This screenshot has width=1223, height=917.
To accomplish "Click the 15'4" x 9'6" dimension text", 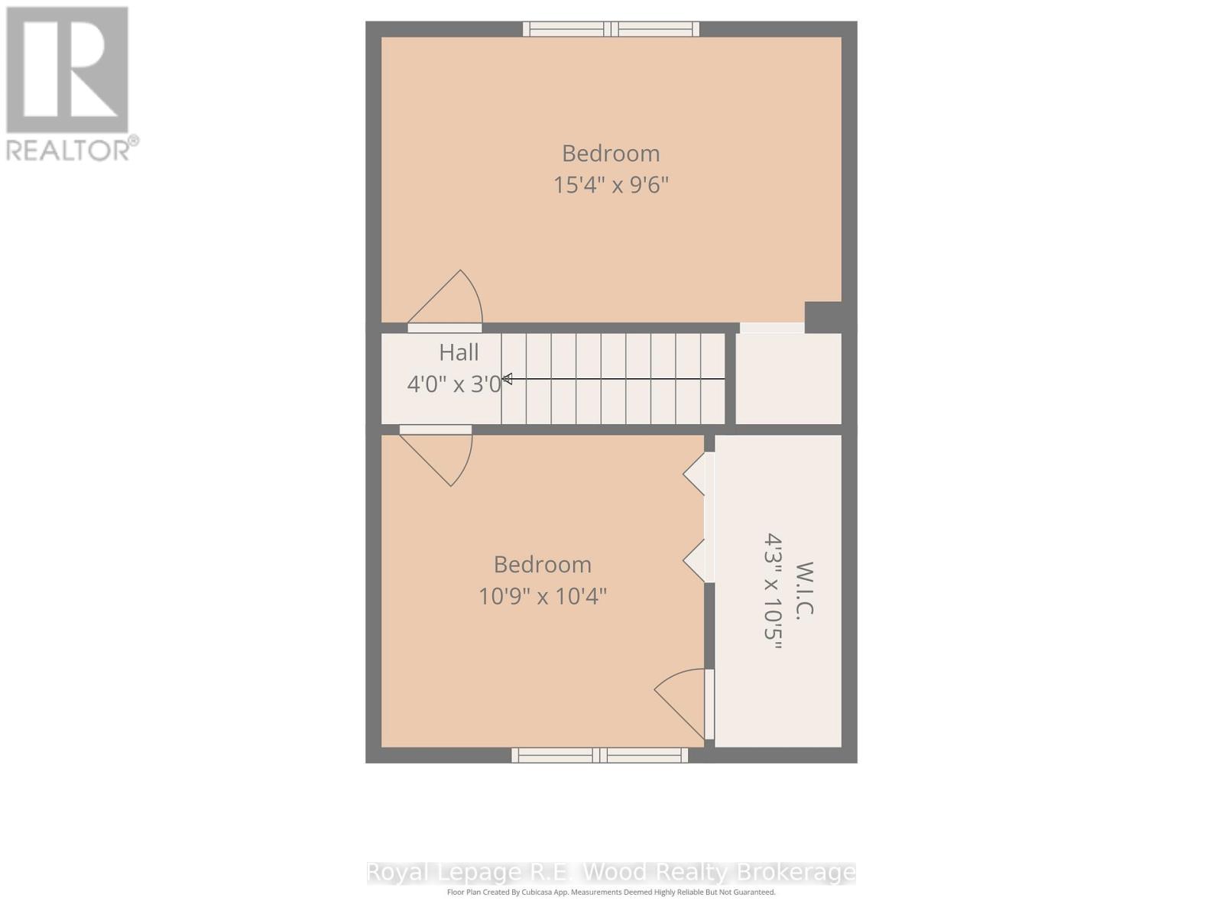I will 611,185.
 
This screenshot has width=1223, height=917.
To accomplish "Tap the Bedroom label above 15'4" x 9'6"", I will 611,154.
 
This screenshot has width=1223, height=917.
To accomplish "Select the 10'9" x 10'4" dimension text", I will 543,596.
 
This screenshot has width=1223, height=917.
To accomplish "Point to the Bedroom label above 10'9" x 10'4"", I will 543,565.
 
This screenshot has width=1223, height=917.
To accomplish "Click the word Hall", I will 459,352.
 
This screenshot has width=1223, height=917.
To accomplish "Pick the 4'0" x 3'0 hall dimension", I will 454,384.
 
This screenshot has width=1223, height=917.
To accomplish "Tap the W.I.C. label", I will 805,589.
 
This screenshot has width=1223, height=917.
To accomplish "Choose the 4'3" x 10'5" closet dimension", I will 774,591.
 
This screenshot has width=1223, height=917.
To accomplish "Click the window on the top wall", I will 611,29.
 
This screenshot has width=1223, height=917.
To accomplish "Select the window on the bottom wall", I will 599,755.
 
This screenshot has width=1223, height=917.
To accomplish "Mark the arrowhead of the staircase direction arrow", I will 507,378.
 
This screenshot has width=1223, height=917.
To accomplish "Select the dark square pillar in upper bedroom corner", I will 822,316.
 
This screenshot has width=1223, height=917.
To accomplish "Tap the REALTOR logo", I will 69,84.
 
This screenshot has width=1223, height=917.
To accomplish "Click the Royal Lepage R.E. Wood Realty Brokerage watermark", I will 611,872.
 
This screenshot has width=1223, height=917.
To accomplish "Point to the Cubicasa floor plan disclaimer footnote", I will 611,892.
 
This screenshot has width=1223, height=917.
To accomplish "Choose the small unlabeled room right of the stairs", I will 788,378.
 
